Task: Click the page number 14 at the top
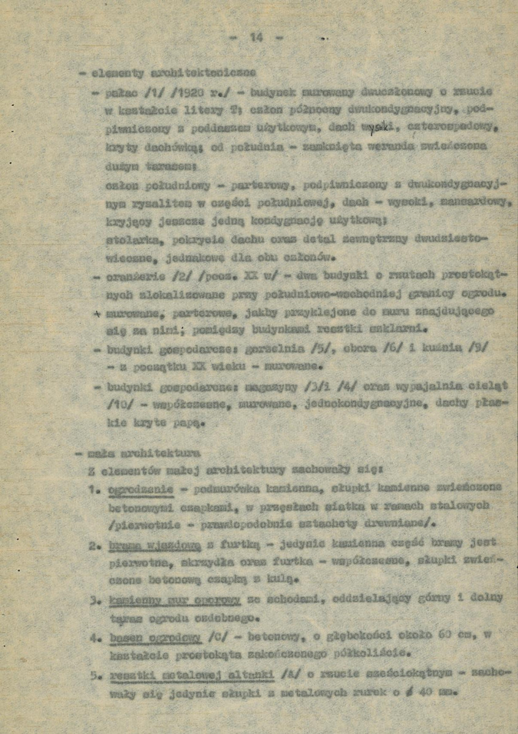pos(256,37)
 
